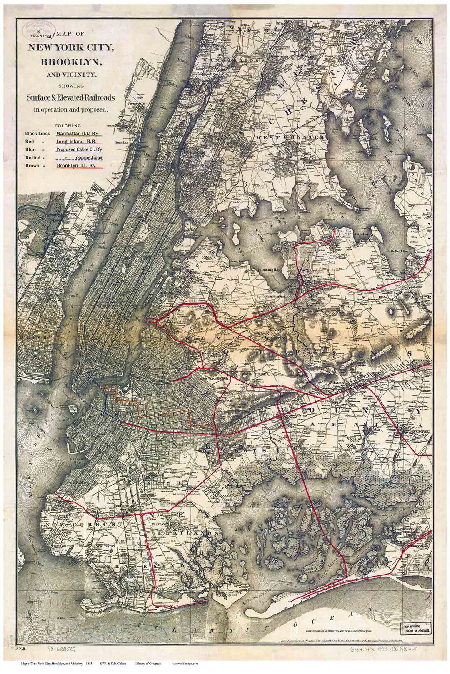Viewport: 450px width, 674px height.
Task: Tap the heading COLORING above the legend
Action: pos(67,125)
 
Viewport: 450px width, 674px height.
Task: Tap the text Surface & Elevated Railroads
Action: pos(70,98)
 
